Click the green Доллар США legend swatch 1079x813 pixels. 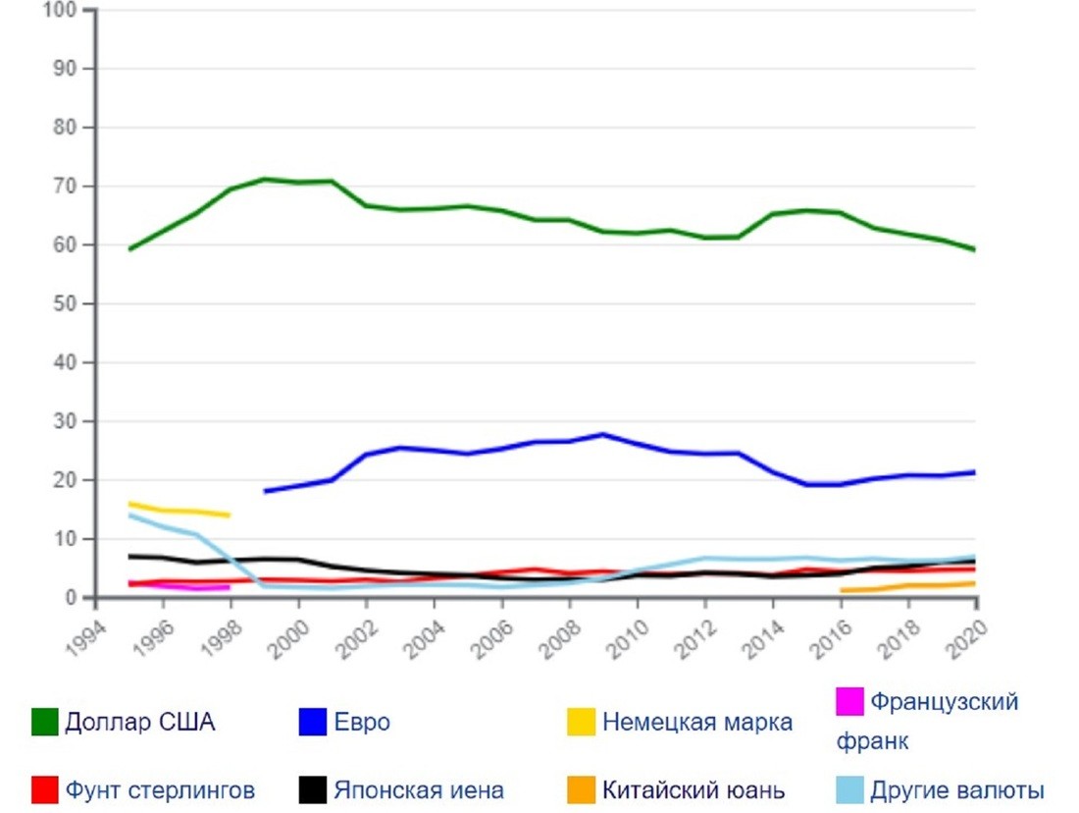45,722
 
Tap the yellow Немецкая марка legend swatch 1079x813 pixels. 582,723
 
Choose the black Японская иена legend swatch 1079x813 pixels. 311,790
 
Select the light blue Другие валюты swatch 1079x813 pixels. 849,790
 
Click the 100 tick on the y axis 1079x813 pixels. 61,10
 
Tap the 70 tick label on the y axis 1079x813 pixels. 65,187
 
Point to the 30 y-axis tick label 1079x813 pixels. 65,421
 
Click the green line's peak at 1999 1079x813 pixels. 265,179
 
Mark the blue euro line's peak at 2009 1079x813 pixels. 603,434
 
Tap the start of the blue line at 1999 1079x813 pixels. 265,491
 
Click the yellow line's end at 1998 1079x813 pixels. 230,515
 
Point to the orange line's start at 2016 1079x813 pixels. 841,590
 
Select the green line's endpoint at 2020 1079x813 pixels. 975,249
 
